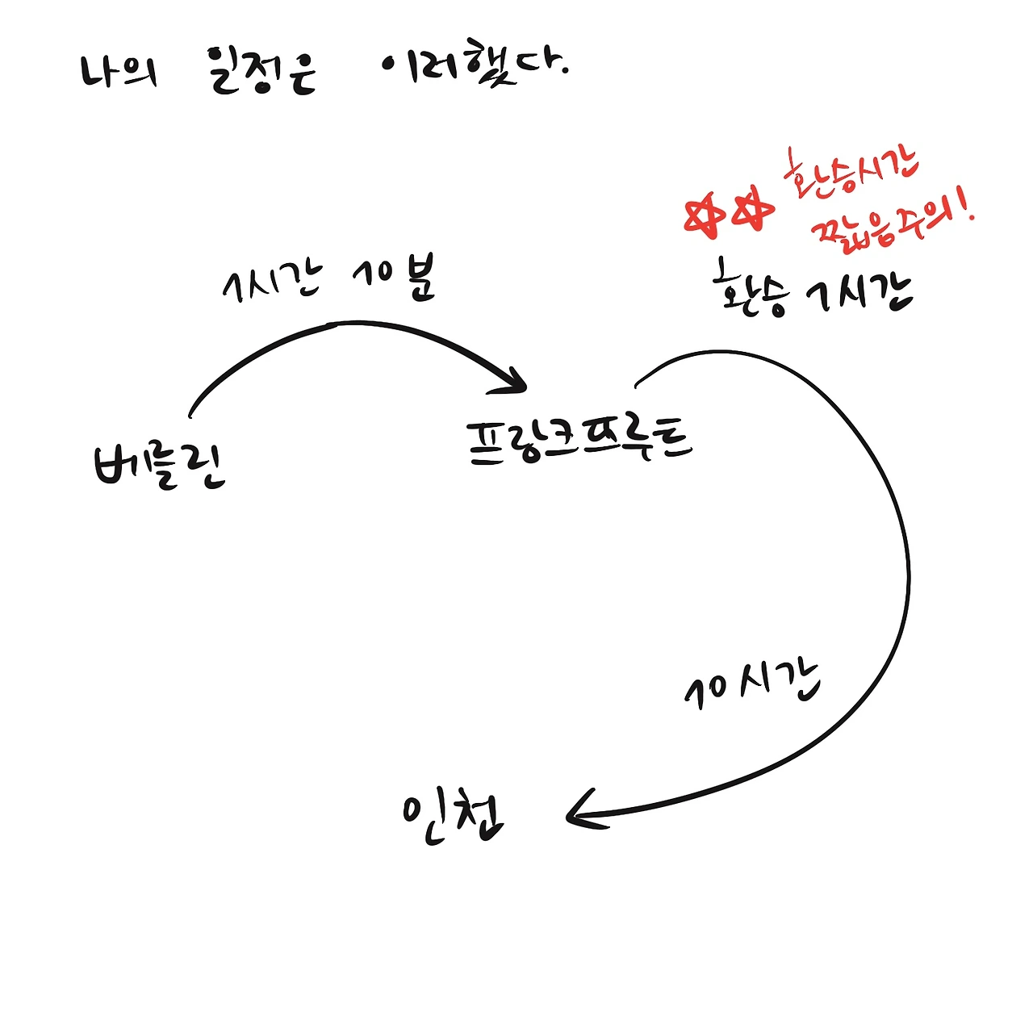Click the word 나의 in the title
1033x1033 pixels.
pos(119,72)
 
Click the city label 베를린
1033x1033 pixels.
pos(160,466)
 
